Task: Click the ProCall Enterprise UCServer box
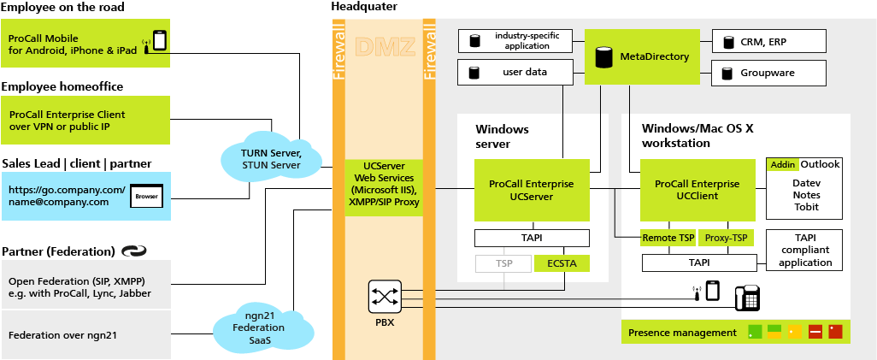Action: pyautogui.click(x=532, y=190)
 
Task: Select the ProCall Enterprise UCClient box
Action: pyautogui.click(x=697, y=190)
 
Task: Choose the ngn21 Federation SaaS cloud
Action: pyautogui.click(x=258, y=328)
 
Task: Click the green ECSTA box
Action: pyautogui.click(x=562, y=264)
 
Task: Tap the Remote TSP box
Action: pyautogui.click(x=668, y=238)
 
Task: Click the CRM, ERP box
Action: pyautogui.click(x=769, y=41)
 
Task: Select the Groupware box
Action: pyautogui.click(x=769, y=74)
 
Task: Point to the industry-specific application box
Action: pyautogui.click(x=515, y=40)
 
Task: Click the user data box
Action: pyautogui.click(x=515, y=73)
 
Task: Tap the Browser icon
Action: pyautogui.click(x=145, y=198)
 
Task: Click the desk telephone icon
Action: pyautogui.click(x=747, y=297)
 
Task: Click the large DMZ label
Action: pyautogui.click(x=379, y=48)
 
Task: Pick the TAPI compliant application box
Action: pyautogui.click(x=805, y=249)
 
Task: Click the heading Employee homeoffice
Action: pyautogui.click(x=62, y=86)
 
